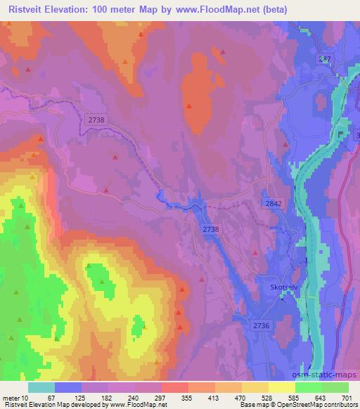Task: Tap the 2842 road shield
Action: pos(275,203)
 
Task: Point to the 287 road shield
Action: pos(324,59)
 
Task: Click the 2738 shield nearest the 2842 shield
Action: pos(210,229)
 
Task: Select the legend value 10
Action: pos(26,398)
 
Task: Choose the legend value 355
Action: pos(186,398)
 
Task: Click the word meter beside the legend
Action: pos(11,398)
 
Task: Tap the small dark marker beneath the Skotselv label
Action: pos(283,300)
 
